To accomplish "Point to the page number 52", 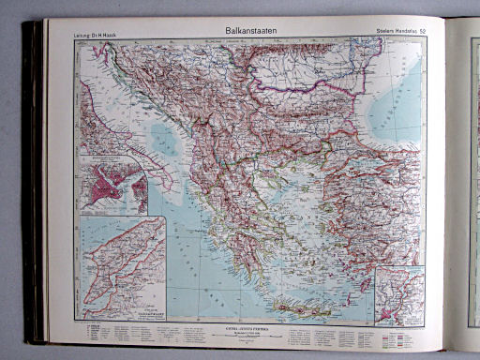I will [x=423, y=35].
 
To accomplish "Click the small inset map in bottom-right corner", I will [x=399, y=294].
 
